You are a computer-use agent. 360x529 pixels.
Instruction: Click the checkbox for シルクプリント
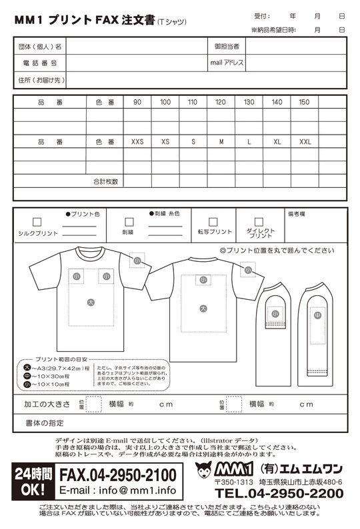coord(37,222)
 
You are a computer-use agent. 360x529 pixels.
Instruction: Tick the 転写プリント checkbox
coord(213,222)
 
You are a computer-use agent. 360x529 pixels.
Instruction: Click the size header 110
coord(193,102)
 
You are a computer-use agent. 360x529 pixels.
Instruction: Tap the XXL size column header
coord(305,142)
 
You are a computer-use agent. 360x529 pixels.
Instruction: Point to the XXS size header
coord(137,142)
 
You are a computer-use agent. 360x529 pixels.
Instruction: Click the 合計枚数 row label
coord(105,181)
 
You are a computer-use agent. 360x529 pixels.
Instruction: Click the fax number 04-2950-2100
coord(118,475)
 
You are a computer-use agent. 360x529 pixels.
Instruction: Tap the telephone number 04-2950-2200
coord(279,494)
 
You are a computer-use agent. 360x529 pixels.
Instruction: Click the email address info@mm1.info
coord(117,491)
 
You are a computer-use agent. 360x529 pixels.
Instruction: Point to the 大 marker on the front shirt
coord(91,302)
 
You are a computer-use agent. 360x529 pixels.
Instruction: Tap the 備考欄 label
coord(296,215)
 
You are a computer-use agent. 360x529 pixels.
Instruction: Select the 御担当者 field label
coord(227,46)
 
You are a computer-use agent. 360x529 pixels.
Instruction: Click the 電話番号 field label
coord(41,63)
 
